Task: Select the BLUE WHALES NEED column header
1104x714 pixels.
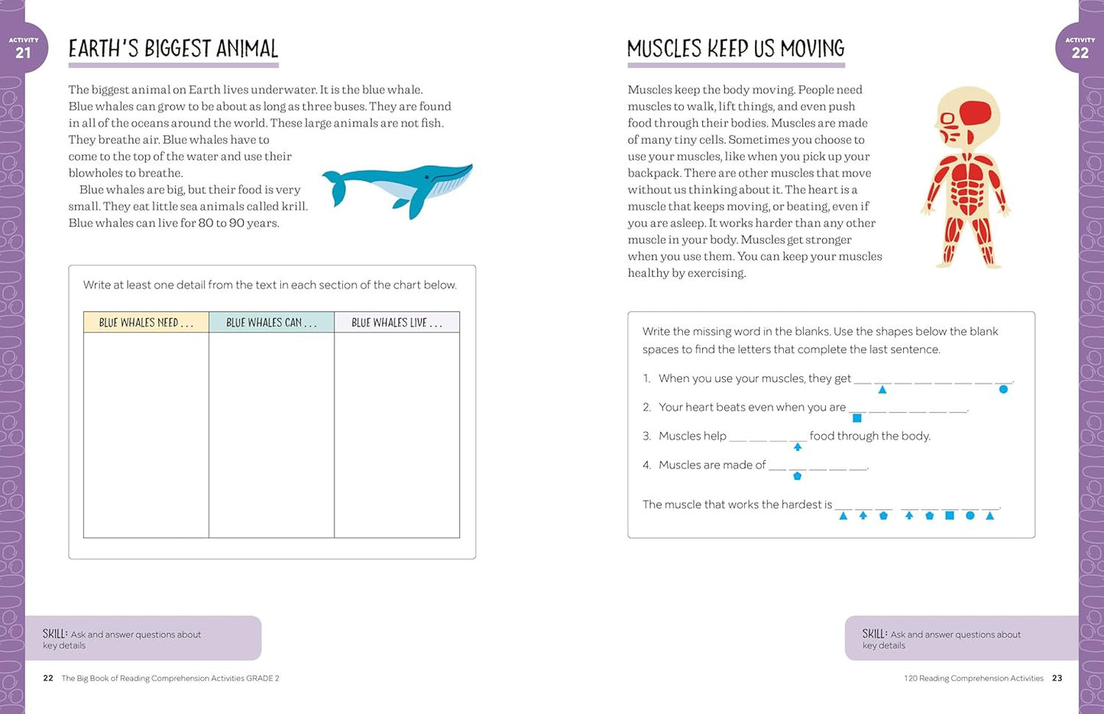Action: pos(146,323)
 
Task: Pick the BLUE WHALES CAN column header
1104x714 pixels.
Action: pos(271,323)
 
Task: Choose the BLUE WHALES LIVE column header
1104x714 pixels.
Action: pos(397,323)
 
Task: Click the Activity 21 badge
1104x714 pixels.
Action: pos(24,48)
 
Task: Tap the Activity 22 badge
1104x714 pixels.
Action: pos(1080,48)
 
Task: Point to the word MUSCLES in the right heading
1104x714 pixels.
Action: pos(664,49)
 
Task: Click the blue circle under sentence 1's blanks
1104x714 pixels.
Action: pos(1003,390)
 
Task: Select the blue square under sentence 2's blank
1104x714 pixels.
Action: pos(856,418)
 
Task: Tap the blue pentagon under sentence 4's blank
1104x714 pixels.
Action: pos(797,476)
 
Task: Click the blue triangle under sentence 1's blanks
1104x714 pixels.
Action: pos(882,390)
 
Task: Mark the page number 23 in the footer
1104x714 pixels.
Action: pos(1057,678)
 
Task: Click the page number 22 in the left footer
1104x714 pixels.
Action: pos(48,678)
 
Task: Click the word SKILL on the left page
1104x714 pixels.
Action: pos(55,634)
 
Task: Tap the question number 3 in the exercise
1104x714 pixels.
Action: pos(646,437)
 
